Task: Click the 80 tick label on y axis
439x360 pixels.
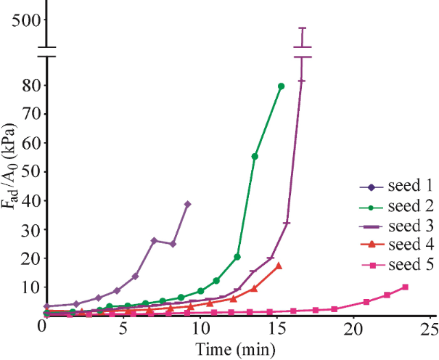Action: pos(30,85)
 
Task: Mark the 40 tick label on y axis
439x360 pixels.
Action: pos(30,200)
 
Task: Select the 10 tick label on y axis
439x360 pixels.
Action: pos(30,286)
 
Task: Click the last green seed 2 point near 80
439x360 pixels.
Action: pos(281,86)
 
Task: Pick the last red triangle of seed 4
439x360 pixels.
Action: pos(279,266)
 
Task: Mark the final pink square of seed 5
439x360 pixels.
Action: pos(405,287)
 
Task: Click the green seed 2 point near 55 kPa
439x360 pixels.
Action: pos(255,156)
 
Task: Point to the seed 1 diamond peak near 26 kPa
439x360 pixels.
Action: pos(154,240)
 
